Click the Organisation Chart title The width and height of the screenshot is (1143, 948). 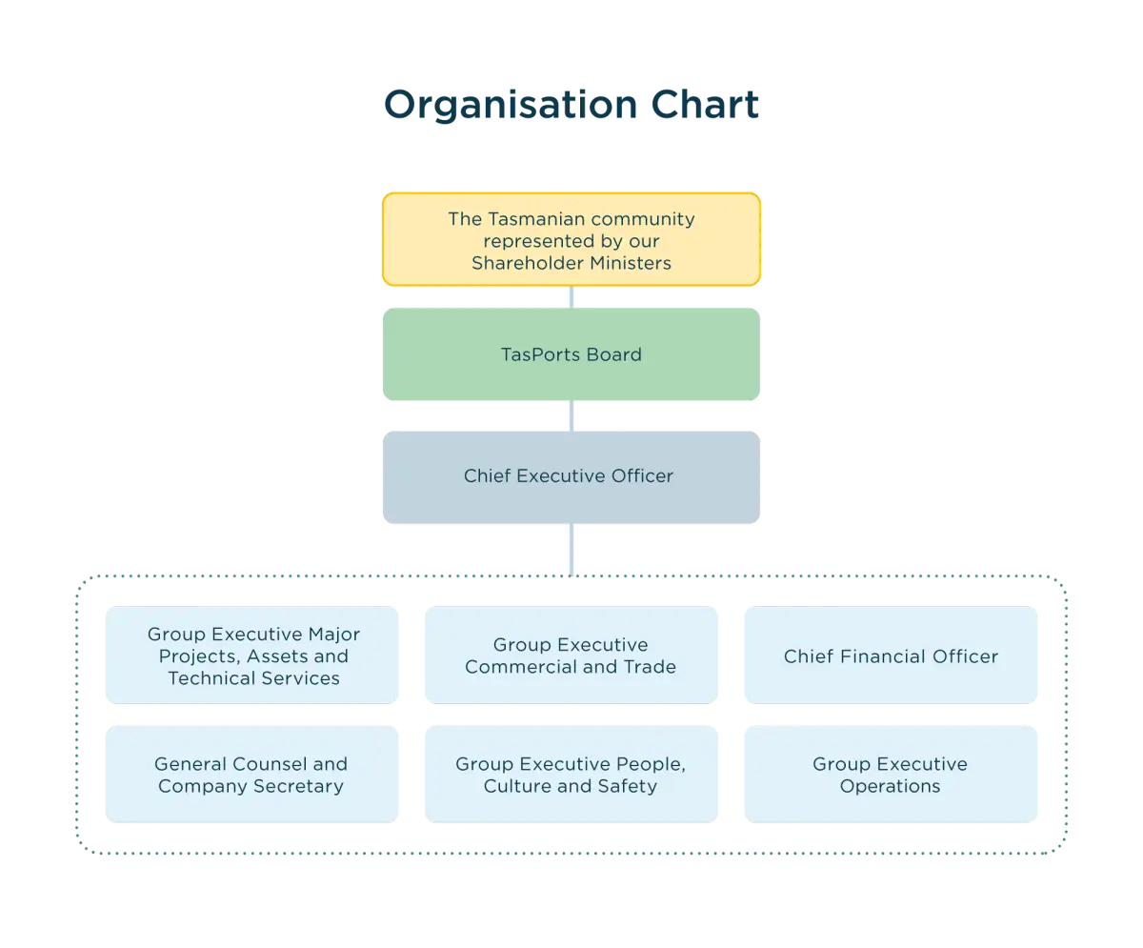571,104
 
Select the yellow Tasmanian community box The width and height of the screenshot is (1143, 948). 571,240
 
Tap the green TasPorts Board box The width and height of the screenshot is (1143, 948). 571,354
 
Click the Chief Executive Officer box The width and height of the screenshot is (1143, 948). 571,476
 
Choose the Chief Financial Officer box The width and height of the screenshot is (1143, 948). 890,656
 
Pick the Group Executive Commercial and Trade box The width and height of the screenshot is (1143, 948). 571,656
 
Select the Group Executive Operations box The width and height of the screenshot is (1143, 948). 890,775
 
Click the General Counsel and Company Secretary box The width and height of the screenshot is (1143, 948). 251,775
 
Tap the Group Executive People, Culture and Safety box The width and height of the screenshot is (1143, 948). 571,775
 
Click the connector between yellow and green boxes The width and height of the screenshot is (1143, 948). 571,297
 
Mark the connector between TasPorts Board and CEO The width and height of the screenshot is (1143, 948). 571,415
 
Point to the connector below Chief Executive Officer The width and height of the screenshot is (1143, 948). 571,549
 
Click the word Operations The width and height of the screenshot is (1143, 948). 890,787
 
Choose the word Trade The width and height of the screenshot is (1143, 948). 650,667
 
